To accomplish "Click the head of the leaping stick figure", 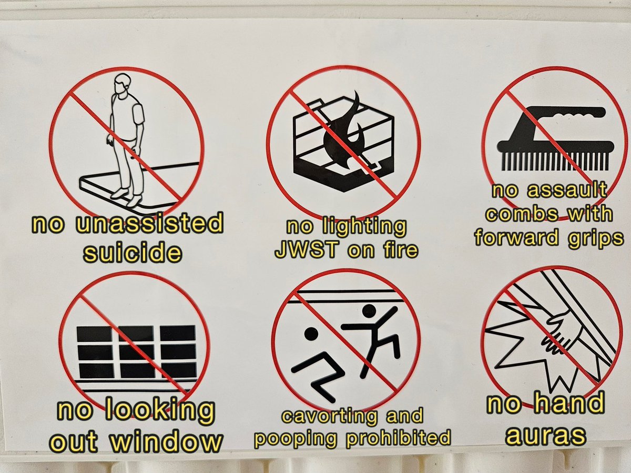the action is click(369, 311).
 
